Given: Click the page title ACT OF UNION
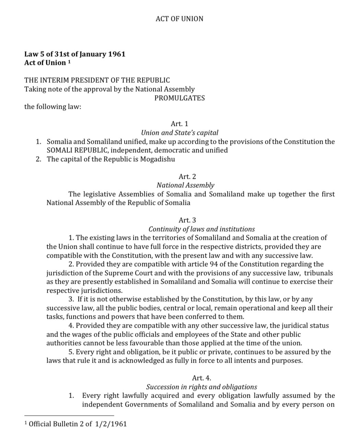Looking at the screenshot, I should [x=179, y=19].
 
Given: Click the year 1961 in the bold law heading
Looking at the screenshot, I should [x=117, y=54].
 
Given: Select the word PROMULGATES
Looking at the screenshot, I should [x=179, y=98].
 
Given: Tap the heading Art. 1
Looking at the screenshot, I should [x=179, y=124].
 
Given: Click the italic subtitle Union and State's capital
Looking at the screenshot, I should [x=179, y=132].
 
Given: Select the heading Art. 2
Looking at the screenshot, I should [x=187, y=177].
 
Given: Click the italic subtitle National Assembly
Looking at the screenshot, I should [x=185, y=185].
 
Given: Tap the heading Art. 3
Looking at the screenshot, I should [x=187, y=220].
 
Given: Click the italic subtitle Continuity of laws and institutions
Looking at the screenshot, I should [x=202, y=229].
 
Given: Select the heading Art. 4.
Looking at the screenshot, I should [x=201, y=378].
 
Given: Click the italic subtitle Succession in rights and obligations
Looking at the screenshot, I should [x=202, y=387].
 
